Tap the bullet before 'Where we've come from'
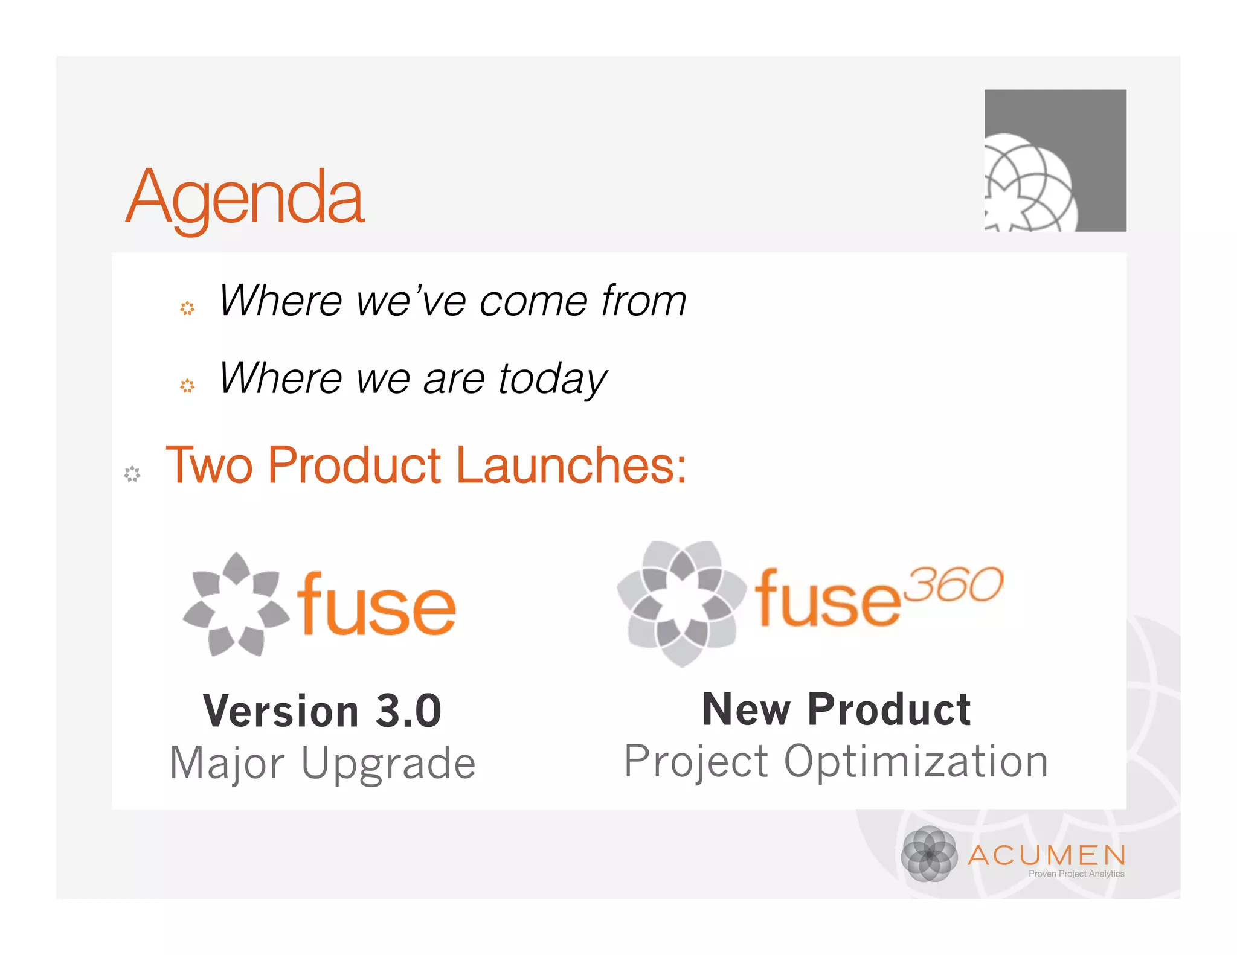187,308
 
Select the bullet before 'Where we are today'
187,386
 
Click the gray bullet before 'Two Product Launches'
132,474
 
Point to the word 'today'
552,379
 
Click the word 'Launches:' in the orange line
571,465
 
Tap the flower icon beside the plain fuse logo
236,604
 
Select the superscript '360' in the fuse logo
956,584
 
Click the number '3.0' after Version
408,711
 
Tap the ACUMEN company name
1047,855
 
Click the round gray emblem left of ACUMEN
929,854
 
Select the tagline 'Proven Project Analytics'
1076,874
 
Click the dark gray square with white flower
1055,161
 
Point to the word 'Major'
227,763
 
